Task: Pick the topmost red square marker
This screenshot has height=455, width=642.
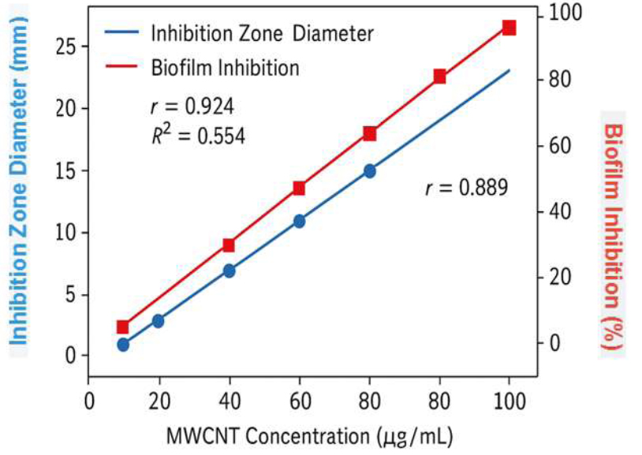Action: coord(509,28)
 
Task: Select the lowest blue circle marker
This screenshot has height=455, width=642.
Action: coord(123,345)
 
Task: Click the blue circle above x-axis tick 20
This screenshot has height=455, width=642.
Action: coord(158,321)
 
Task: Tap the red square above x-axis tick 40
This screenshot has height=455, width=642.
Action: coord(229,245)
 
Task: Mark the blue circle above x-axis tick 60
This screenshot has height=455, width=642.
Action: coord(299,222)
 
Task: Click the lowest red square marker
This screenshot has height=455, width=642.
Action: coord(123,327)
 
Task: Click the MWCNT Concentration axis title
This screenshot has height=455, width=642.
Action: coord(309,434)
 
